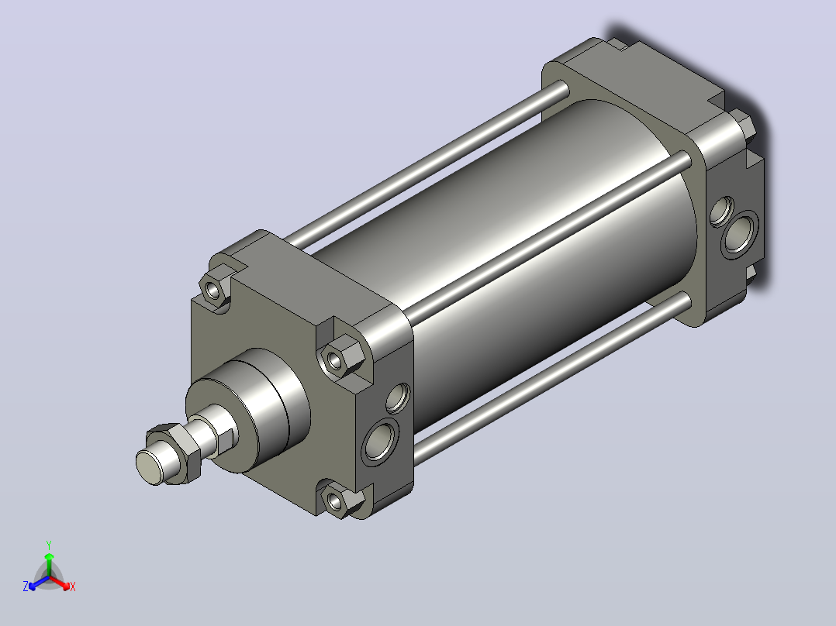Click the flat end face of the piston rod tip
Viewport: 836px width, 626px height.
150,466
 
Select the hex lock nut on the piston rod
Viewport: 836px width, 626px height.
175,453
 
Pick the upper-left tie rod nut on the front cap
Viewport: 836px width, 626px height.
214,288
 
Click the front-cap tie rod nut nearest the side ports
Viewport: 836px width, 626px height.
340,357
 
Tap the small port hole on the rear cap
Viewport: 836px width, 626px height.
722,211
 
